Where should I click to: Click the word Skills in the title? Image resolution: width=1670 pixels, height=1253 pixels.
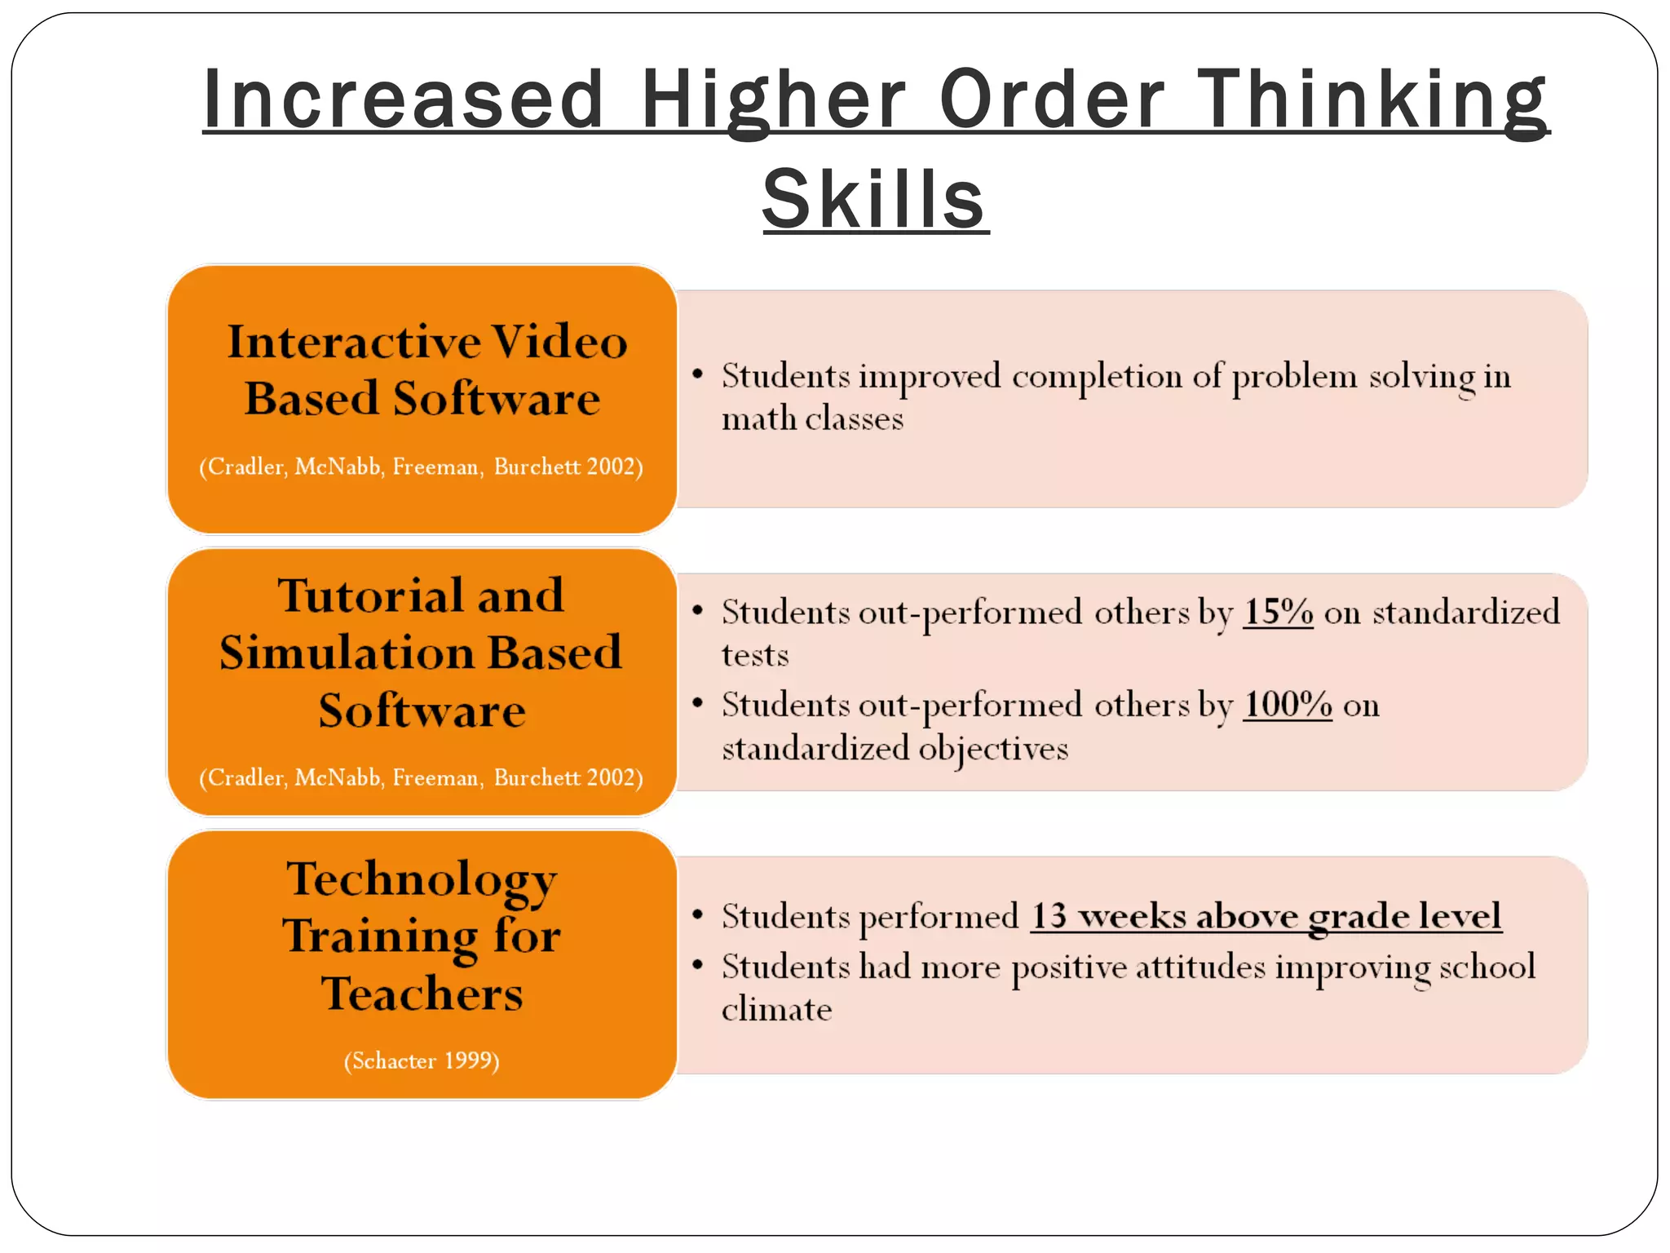(875, 199)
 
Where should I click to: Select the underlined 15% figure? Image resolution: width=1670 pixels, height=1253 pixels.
(1278, 612)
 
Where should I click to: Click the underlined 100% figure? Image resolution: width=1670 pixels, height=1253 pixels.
(1288, 705)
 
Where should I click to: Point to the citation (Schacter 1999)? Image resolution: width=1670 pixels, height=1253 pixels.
(422, 1060)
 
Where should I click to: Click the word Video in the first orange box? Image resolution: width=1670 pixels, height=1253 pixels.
(559, 341)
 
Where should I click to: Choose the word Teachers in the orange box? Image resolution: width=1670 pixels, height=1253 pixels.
(422, 994)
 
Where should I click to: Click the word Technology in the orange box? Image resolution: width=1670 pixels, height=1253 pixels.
(422, 879)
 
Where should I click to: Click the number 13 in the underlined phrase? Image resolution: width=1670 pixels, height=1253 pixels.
(1049, 916)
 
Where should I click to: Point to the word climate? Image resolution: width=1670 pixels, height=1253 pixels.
(776, 1010)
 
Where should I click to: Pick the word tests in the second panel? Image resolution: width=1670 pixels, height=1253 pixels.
(755, 655)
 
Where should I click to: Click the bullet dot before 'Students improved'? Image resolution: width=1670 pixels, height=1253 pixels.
(697, 374)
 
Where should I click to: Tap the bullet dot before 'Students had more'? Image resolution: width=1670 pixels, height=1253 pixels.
(697, 965)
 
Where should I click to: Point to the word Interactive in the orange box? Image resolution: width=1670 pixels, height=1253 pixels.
(353, 341)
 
